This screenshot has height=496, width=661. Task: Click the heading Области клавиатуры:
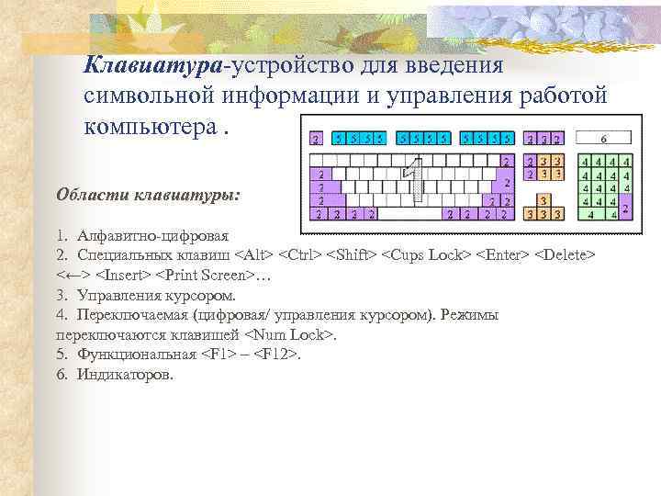(148, 195)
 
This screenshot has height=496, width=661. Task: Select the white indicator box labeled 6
(603, 139)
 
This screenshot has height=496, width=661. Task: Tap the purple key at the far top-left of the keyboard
(316, 140)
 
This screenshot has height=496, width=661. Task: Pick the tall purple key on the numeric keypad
(625, 208)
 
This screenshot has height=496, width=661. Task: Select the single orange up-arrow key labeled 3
(543, 199)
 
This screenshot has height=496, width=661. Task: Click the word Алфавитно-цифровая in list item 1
(153, 235)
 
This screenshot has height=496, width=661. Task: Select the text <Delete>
(566, 254)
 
